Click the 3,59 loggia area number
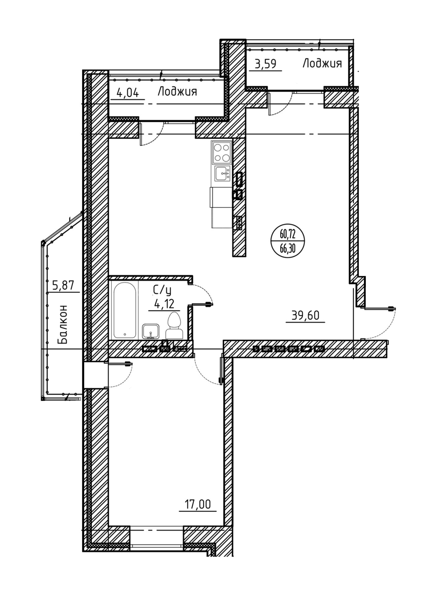pyautogui.click(x=265, y=64)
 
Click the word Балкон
pyautogui.click(x=62, y=324)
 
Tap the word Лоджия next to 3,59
pyautogui.click(x=322, y=64)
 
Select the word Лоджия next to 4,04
pyautogui.click(x=177, y=92)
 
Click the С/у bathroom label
pyautogui.click(x=162, y=290)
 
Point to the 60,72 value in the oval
pyautogui.click(x=287, y=234)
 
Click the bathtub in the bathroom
pyautogui.click(x=125, y=310)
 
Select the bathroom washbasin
pyautogui.click(x=151, y=331)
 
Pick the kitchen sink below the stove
pyautogui.click(x=222, y=173)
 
